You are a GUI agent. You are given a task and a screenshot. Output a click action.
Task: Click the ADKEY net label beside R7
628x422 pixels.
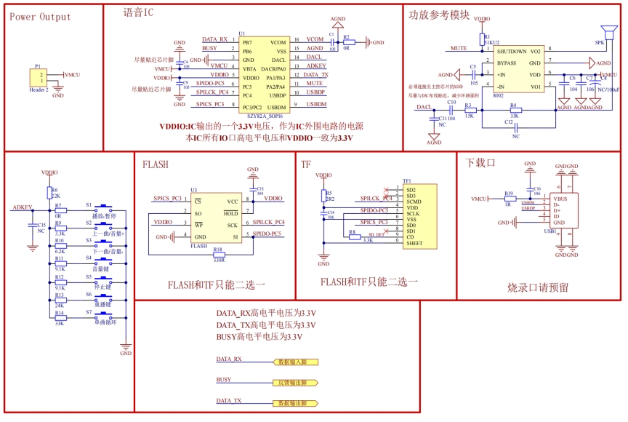pyautogui.click(x=23, y=207)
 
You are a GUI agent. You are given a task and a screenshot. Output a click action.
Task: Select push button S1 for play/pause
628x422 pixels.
pyautogui.click(x=108, y=206)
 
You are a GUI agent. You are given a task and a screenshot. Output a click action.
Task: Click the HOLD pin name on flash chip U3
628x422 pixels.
pyautogui.click(x=232, y=212)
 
